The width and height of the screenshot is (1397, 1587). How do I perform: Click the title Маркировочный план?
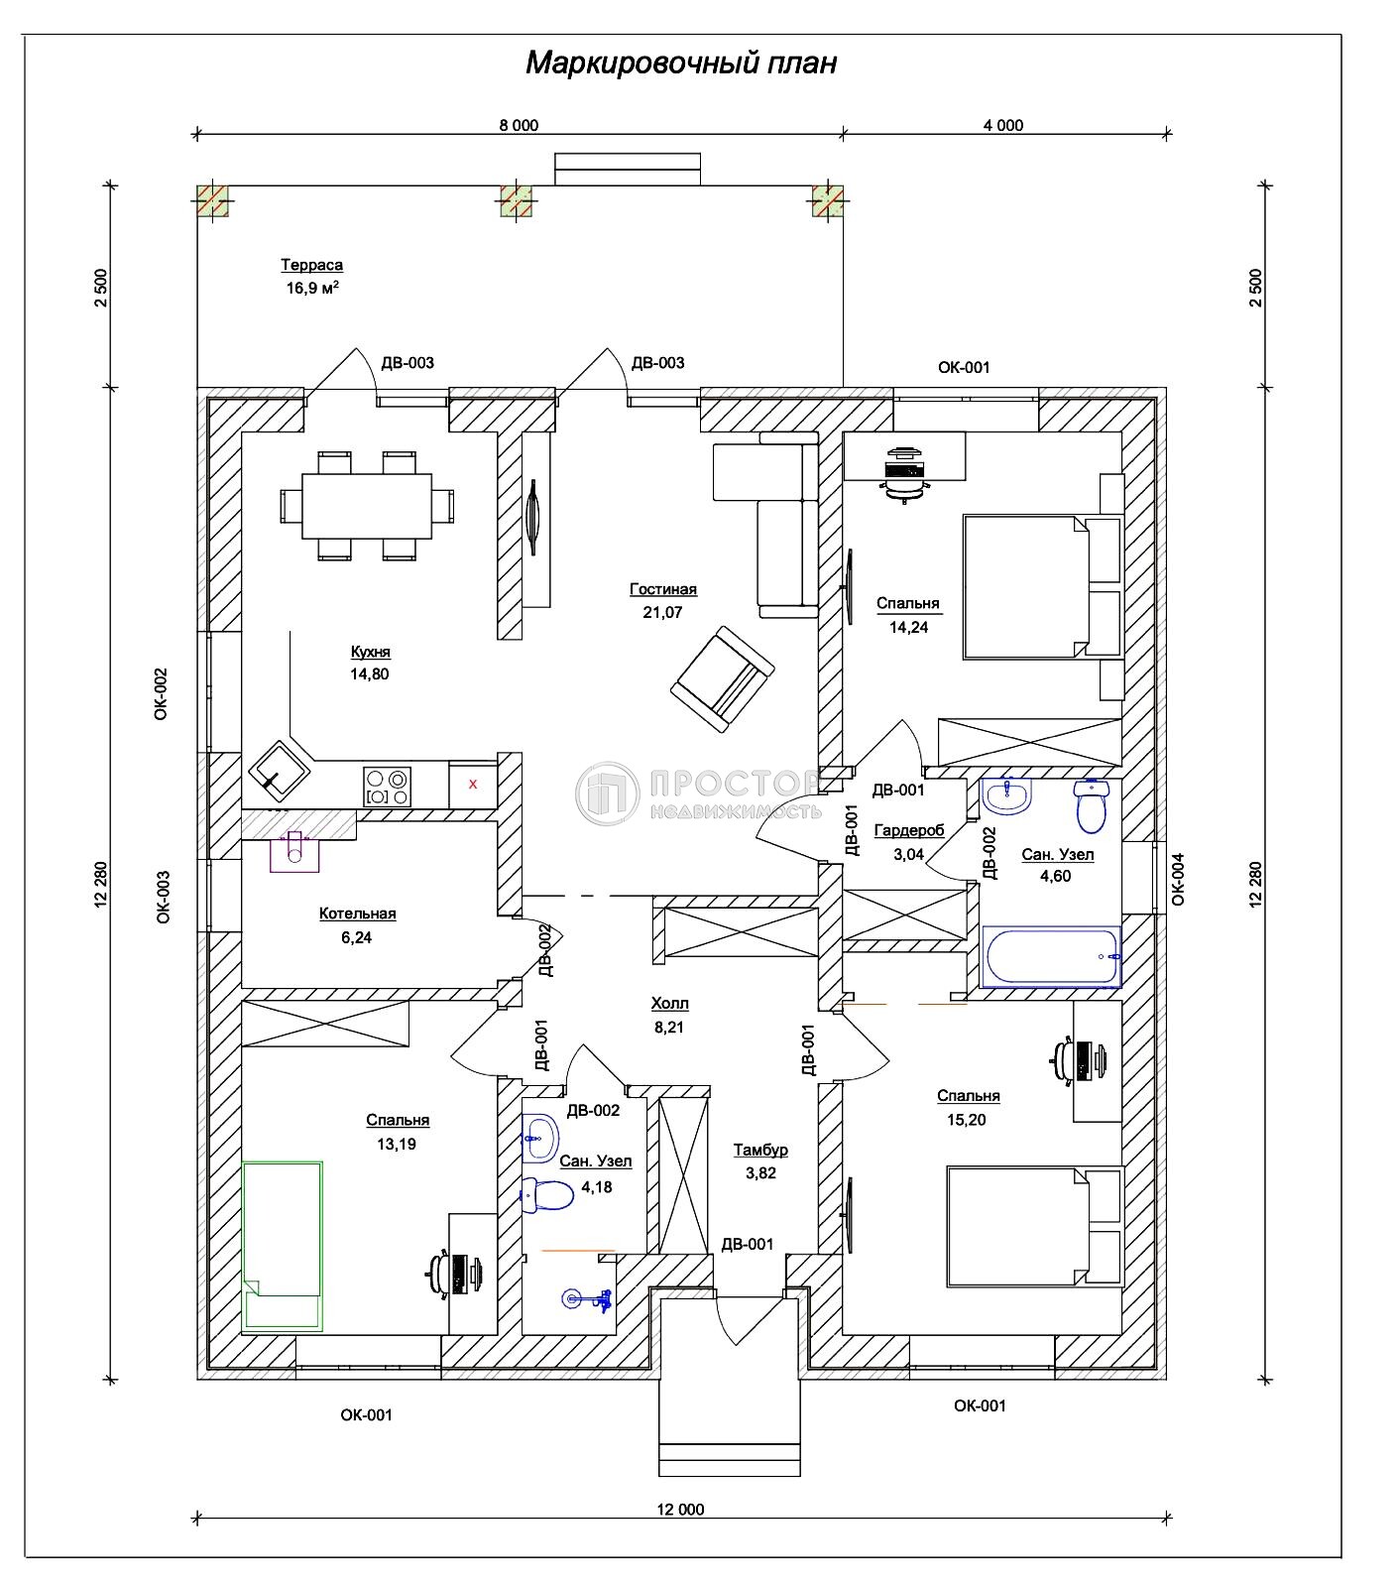pyautogui.click(x=681, y=63)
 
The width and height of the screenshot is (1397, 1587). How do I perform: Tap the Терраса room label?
pyautogui.click(x=311, y=265)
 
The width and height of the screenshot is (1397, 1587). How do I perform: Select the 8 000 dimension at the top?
pyautogui.click(x=519, y=125)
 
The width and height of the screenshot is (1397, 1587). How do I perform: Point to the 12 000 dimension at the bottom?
pyautogui.click(x=680, y=1510)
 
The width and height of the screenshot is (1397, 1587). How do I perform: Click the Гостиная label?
pyautogui.click(x=663, y=589)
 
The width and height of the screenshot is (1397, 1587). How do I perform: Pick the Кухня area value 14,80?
pyautogui.click(x=370, y=674)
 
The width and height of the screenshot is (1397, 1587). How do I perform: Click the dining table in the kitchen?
pyautogui.click(x=367, y=505)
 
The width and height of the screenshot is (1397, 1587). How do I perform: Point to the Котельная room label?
pyautogui.click(x=357, y=914)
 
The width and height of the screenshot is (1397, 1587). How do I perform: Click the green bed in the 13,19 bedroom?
pyautogui.click(x=284, y=1245)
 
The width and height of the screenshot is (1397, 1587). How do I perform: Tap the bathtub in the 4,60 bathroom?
pyautogui.click(x=1051, y=957)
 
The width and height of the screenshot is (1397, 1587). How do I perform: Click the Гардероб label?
pyautogui.click(x=909, y=830)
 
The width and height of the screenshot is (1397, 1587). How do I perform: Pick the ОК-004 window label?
pyautogui.click(x=1178, y=880)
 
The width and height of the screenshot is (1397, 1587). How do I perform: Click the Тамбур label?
pyautogui.click(x=760, y=1150)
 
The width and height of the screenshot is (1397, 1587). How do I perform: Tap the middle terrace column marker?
pyautogui.click(x=517, y=200)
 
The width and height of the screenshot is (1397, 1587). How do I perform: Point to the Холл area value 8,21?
pyautogui.click(x=669, y=1028)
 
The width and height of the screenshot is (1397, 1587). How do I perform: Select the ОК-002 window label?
pyautogui.click(x=162, y=692)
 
